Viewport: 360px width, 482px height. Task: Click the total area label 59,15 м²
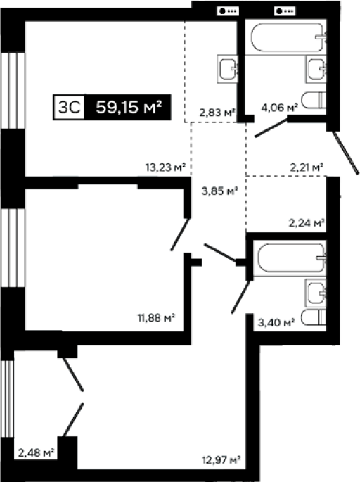(129, 107)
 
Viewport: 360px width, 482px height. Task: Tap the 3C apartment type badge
(70, 107)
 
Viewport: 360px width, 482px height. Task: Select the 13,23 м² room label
(165, 167)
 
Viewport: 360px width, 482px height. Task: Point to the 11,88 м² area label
(156, 317)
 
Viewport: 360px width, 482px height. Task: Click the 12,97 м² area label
(221, 460)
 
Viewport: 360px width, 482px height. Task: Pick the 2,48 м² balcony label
(37, 452)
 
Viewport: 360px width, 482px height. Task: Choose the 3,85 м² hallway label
(220, 191)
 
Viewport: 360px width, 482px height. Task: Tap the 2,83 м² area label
(217, 113)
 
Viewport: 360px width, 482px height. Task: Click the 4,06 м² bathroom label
(280, 108)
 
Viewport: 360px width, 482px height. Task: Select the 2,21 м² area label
(307, 167)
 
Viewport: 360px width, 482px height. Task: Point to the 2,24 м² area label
(307, 222)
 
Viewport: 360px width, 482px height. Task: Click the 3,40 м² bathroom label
(276, 322)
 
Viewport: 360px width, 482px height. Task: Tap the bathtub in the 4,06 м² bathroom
(288, 37)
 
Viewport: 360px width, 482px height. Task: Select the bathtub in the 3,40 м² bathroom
(292, 258)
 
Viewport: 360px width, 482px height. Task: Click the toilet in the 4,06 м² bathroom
(314, 100)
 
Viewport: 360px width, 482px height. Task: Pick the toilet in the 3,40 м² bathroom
(314, 317)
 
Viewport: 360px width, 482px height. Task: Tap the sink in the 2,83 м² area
(228, 69)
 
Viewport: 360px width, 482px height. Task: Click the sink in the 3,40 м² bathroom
(316, 293)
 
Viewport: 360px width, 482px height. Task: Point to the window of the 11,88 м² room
(13, 248)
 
